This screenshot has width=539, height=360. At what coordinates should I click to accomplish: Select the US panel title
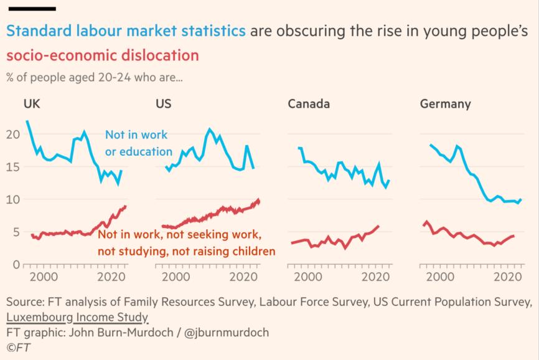point(163,103)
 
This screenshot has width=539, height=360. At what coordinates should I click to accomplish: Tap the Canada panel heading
point(308,103)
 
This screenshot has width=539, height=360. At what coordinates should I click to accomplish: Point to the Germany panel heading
point(445,103)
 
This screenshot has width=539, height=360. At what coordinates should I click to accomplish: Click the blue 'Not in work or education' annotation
point(138,143)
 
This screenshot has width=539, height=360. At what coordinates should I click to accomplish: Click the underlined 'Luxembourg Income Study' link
point(77,318)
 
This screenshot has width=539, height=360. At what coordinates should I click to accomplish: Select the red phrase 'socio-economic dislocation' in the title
point(103,55)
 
